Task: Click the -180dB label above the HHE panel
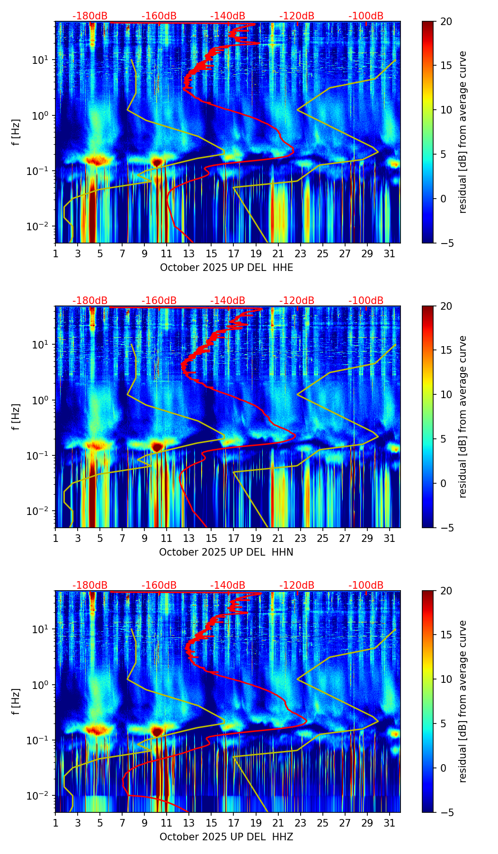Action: point(90,16)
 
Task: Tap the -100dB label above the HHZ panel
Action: point(366,585)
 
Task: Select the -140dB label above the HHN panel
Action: point(228,301)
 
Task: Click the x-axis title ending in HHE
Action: point(226,268)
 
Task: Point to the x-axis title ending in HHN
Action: point(226,552)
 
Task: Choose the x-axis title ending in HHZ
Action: point(226,837)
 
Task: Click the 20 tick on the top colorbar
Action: point(446,21)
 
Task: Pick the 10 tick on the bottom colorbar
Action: point(446,679)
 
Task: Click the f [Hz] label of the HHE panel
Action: point(17,132)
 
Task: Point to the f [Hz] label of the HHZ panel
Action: point(17,702)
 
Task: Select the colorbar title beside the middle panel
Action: point(463,417)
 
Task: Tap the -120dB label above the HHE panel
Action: point(297,16)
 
